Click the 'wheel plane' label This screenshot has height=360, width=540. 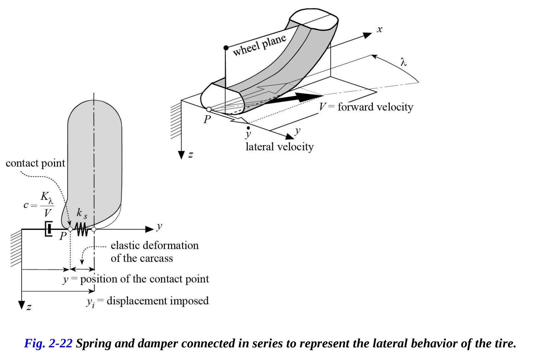259,45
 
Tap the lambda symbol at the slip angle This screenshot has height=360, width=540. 403,62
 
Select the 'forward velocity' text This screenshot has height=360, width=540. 375,107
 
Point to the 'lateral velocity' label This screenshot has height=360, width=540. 279,147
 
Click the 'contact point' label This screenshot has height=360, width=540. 35,163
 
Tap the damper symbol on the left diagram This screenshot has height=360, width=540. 49,229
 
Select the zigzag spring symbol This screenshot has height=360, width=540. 82,229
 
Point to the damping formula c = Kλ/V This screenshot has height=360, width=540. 39,205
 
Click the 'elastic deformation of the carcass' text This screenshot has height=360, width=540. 154,252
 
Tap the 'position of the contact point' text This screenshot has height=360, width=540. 144,279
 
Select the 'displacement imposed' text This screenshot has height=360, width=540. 158,301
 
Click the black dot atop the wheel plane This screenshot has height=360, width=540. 226,48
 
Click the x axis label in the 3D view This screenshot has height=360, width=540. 380,30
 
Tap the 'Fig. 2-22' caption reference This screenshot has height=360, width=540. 48,344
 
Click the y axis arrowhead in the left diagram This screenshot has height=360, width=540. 149,229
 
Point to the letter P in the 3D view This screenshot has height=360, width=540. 207,119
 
